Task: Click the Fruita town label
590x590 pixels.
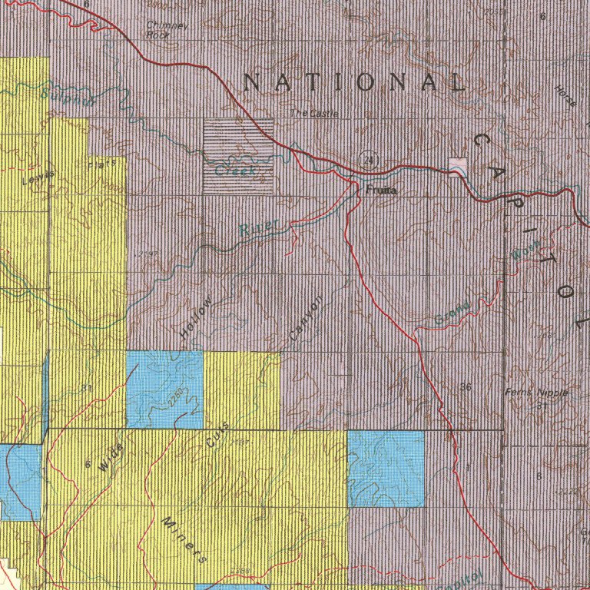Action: pos(381,190)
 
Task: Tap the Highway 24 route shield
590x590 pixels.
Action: pos(370,159)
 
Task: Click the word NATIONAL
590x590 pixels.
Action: pos(354,82)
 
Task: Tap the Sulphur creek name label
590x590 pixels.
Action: pos(68,97)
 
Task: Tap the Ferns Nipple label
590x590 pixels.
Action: pos(537,393)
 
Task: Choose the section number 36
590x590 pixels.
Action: pos(465,386)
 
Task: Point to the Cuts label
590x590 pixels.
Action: pos(217,436)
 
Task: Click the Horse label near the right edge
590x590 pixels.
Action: pos(565,95)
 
